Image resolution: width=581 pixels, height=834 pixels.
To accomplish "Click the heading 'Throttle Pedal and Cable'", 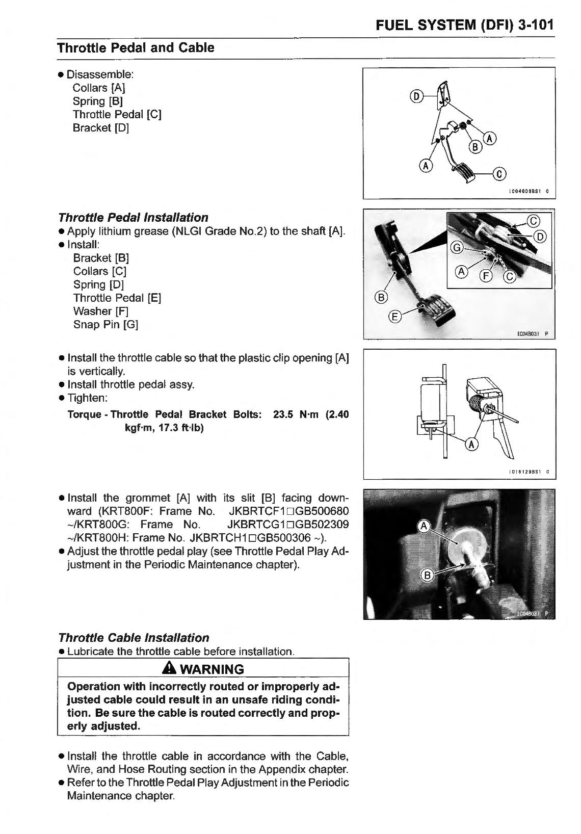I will (x=136, y=48).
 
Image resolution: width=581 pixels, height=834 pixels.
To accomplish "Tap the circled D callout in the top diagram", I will (x=416, y=97).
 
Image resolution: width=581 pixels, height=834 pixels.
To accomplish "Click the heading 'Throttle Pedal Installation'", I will (x=133, y=218).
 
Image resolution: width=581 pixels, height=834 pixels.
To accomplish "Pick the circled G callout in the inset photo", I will (x=457, y=248).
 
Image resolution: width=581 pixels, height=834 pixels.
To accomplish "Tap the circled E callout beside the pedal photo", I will (x=394, y=317).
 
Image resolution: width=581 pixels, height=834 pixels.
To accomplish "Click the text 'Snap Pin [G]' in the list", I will (x=105, y=325).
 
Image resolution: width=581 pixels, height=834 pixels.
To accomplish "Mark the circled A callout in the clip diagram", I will (x=472, y=445).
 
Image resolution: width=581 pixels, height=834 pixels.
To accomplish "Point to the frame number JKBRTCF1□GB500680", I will (x=289, y=511).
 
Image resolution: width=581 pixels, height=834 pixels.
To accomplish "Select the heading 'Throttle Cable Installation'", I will (x=134, y=638).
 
